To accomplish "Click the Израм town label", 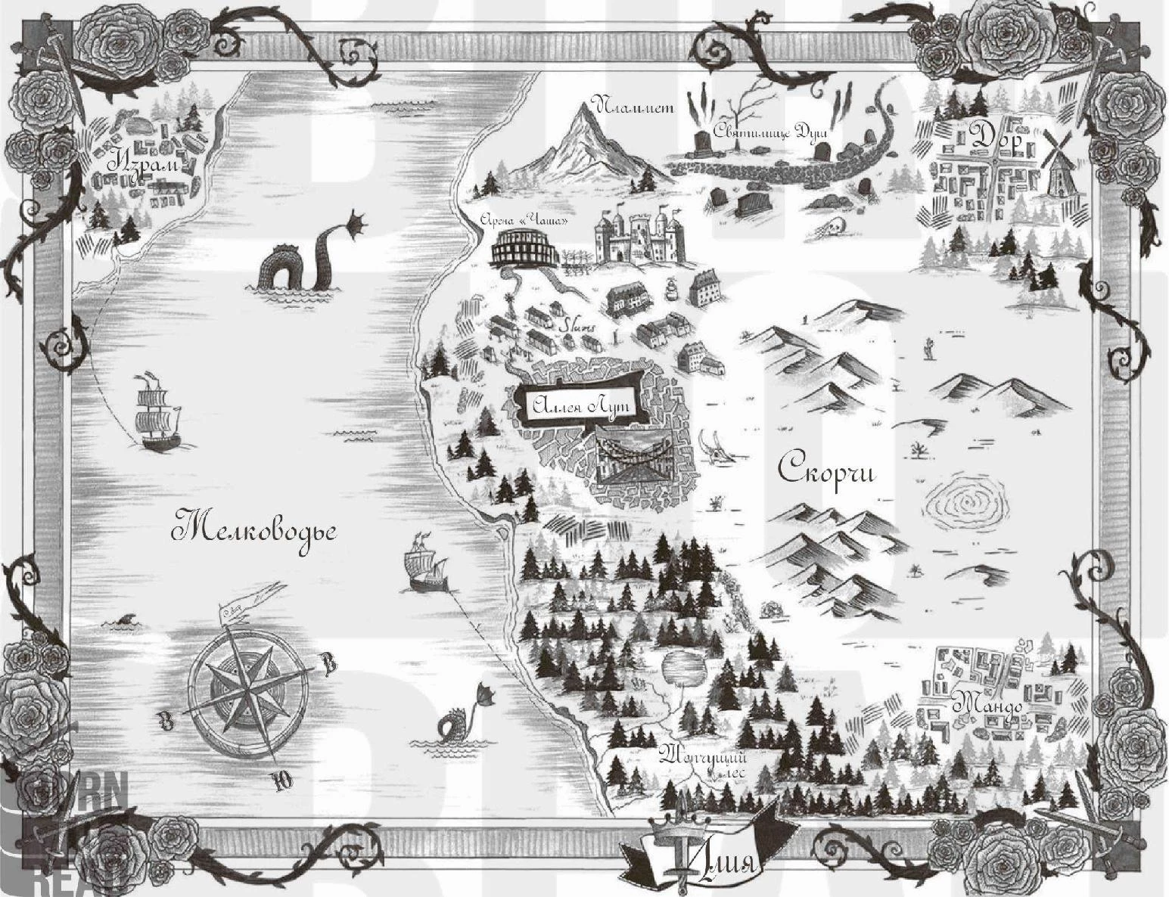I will (x=148, y=163).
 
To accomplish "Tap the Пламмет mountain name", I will (x=635, y=107).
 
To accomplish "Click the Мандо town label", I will (x=987, y=704).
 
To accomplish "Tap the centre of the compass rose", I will (x=247, y=688).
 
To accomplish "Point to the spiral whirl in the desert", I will (x=966, y=503).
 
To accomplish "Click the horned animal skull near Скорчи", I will (x=714, y=446).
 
